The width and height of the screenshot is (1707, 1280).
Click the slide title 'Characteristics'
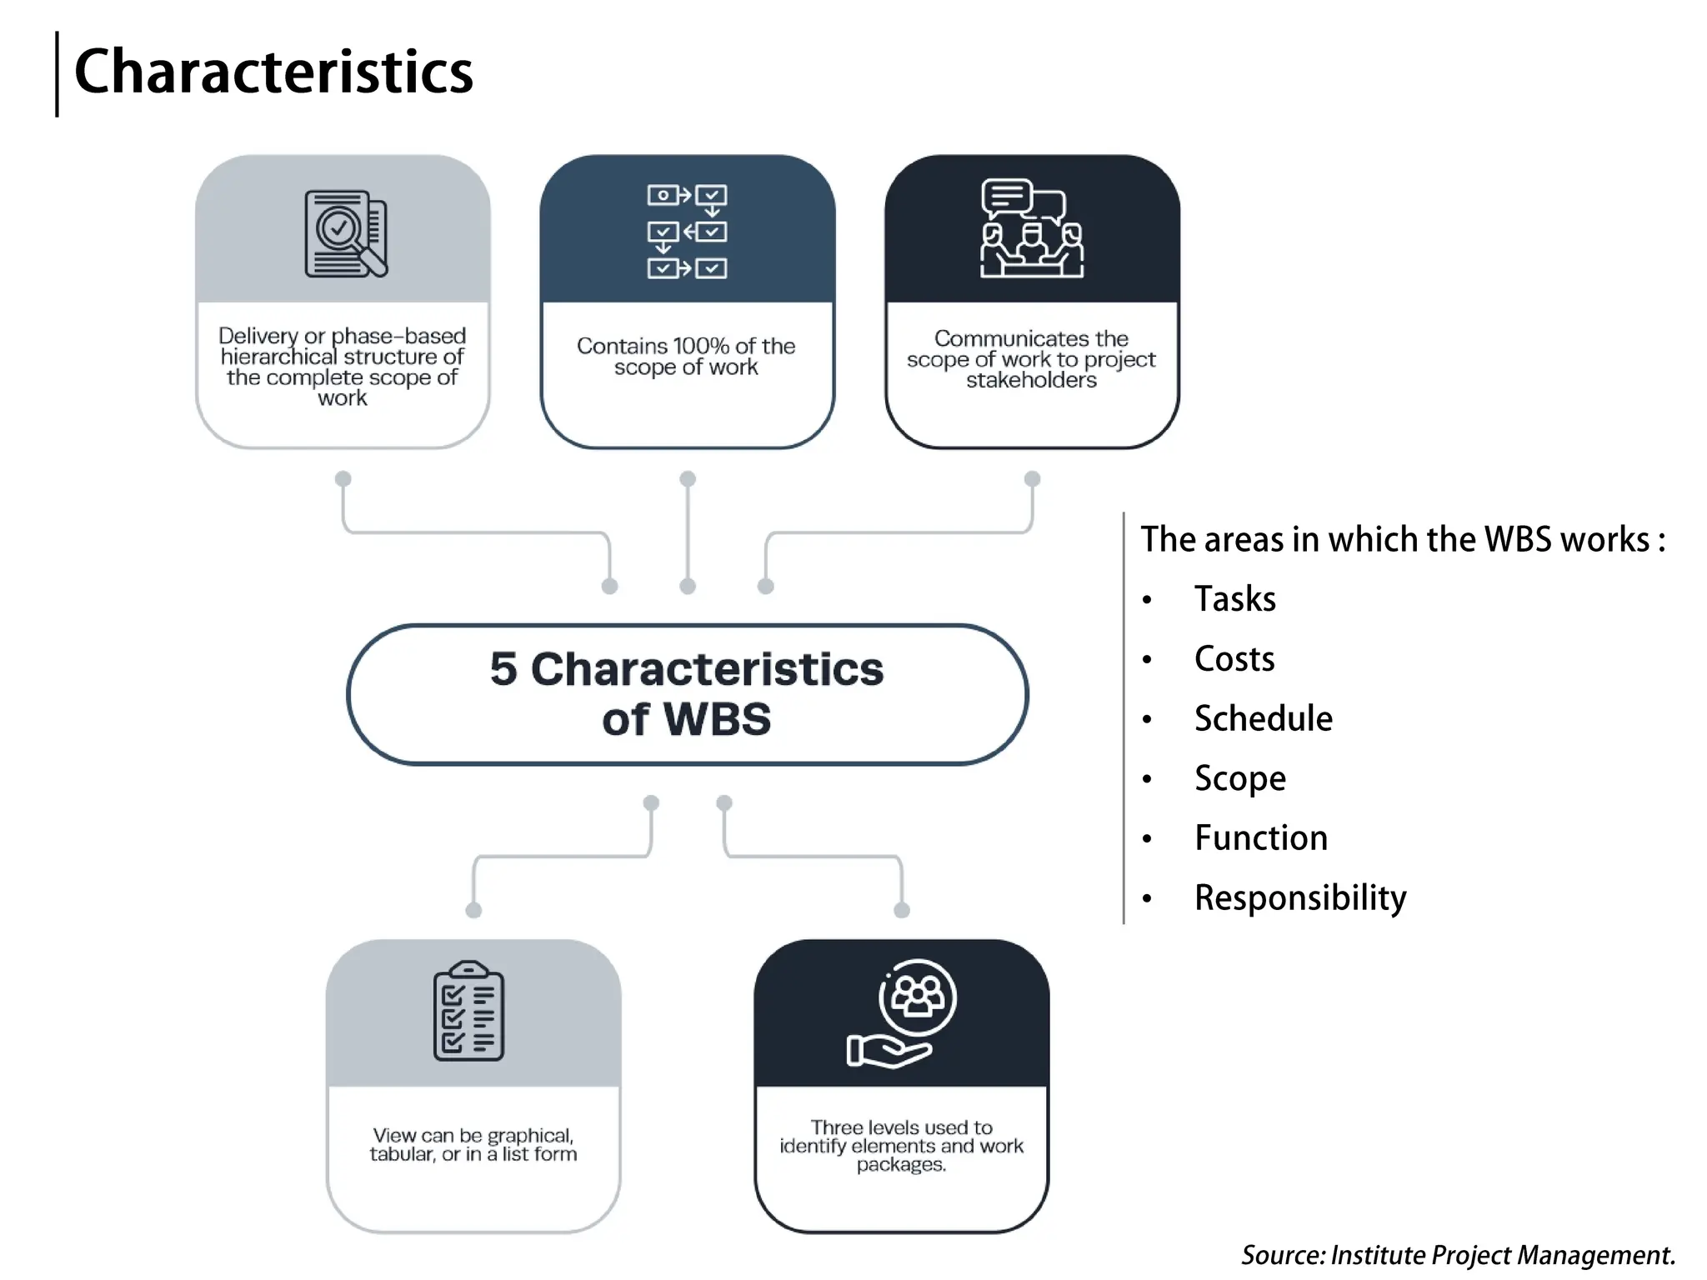273,72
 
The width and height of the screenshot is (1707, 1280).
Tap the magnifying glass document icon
345,234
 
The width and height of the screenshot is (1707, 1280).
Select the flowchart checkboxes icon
687,232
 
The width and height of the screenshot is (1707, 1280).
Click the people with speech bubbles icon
1032,228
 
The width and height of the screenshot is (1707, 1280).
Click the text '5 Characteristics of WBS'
687,693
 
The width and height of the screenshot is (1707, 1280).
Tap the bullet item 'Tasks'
1234,599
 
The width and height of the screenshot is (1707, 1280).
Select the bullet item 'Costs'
1234,659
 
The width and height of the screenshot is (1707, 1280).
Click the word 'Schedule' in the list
1263,718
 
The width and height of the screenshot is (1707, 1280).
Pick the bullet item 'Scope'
1239,778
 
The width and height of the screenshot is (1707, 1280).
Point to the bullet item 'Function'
1260,838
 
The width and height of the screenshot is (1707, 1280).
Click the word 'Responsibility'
1299,898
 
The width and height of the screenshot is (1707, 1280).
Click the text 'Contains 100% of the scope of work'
686,357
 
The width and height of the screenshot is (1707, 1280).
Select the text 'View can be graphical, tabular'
473,1145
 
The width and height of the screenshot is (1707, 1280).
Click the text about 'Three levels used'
901,1145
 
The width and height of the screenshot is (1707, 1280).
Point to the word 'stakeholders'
1031,381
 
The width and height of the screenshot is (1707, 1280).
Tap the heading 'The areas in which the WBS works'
1402,539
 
